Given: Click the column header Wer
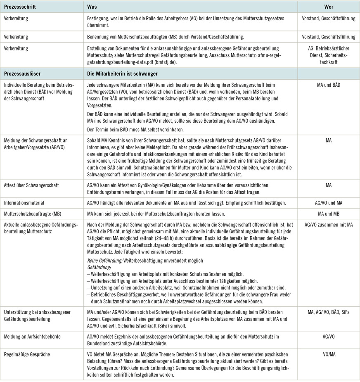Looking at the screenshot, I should (x=329, y=7).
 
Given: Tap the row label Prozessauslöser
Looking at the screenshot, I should (x=23, y=74).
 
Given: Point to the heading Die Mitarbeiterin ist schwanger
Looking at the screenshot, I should (x=123, y=74).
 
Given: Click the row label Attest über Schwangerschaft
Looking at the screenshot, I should (x=31, y=185).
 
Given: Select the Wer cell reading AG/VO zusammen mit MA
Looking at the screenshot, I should (x=329, y=224).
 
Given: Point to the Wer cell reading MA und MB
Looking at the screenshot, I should (x=329, y=214).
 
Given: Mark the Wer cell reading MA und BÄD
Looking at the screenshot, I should (x=329, y=85).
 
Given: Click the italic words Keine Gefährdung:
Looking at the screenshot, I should (x=105, y=261).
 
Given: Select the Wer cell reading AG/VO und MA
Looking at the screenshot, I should (x=329, y=203).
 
